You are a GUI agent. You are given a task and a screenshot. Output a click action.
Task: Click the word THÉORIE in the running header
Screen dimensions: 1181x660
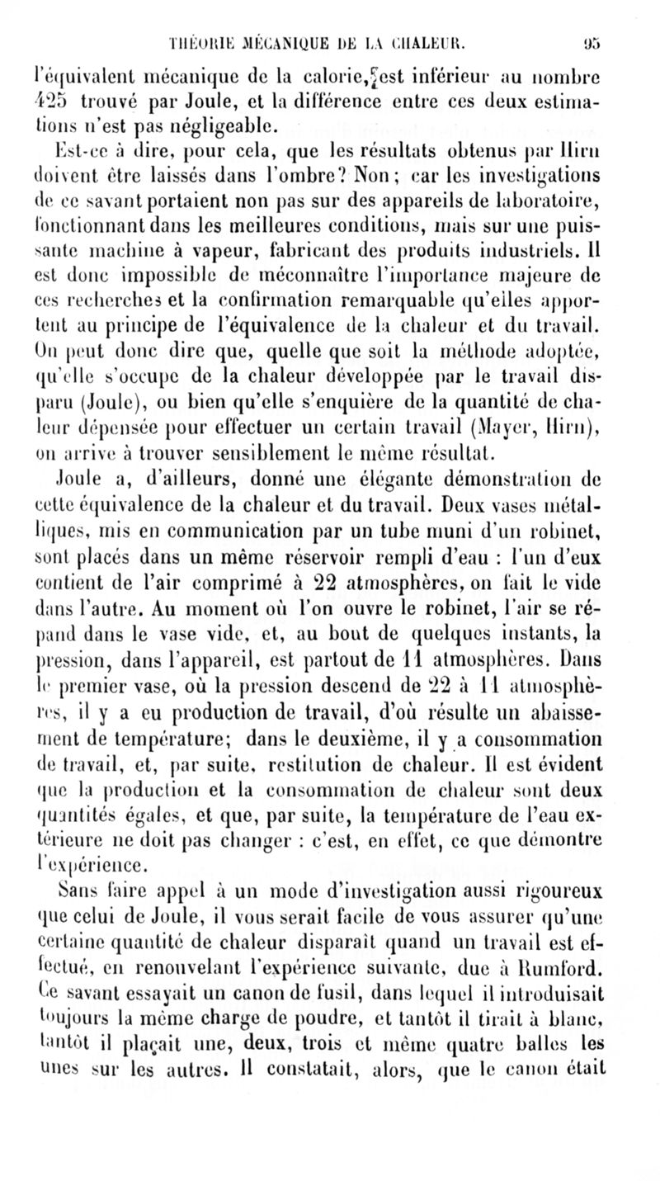pyautogui.click(x=197, y=15)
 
